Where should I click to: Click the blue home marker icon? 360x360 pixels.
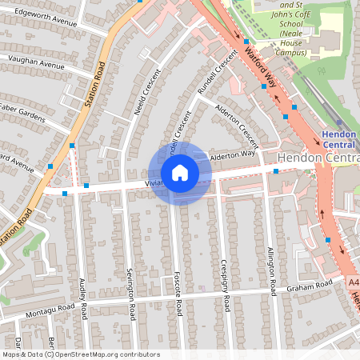point(180,173)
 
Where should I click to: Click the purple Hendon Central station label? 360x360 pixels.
point(340,139)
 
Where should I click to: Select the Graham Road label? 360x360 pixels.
point(310,286)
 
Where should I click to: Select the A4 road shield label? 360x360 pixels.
point(354,282)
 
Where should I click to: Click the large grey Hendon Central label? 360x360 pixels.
point(318,158)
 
